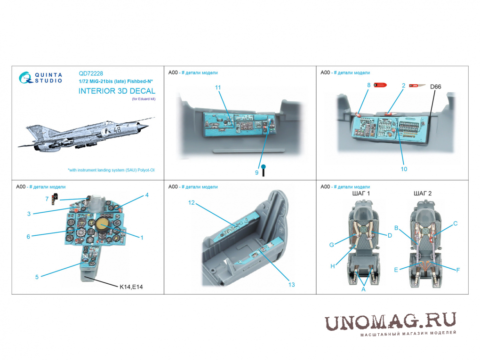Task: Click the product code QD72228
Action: pos(91,73)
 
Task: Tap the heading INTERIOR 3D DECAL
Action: pos(117,91)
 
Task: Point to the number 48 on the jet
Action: pos(117,129)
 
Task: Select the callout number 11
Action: pos(218,88)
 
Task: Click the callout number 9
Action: pos(257,173)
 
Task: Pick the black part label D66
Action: pos(436,87)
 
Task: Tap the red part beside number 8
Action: pos(380,85)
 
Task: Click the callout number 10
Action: pos(404,169)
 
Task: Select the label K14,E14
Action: pos(131,287)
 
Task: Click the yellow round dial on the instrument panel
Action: pos(101,225)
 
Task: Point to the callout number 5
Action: pos(37,277)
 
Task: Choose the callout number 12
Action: pos(192,203)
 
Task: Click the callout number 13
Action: pos(291,285)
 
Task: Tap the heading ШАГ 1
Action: pos(361,193)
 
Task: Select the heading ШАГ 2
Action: pos(423,193)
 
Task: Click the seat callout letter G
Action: pos(332,245)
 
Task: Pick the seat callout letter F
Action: pos(458,270)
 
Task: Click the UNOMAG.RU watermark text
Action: pos(390,322)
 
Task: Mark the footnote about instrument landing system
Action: pos(111,170)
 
